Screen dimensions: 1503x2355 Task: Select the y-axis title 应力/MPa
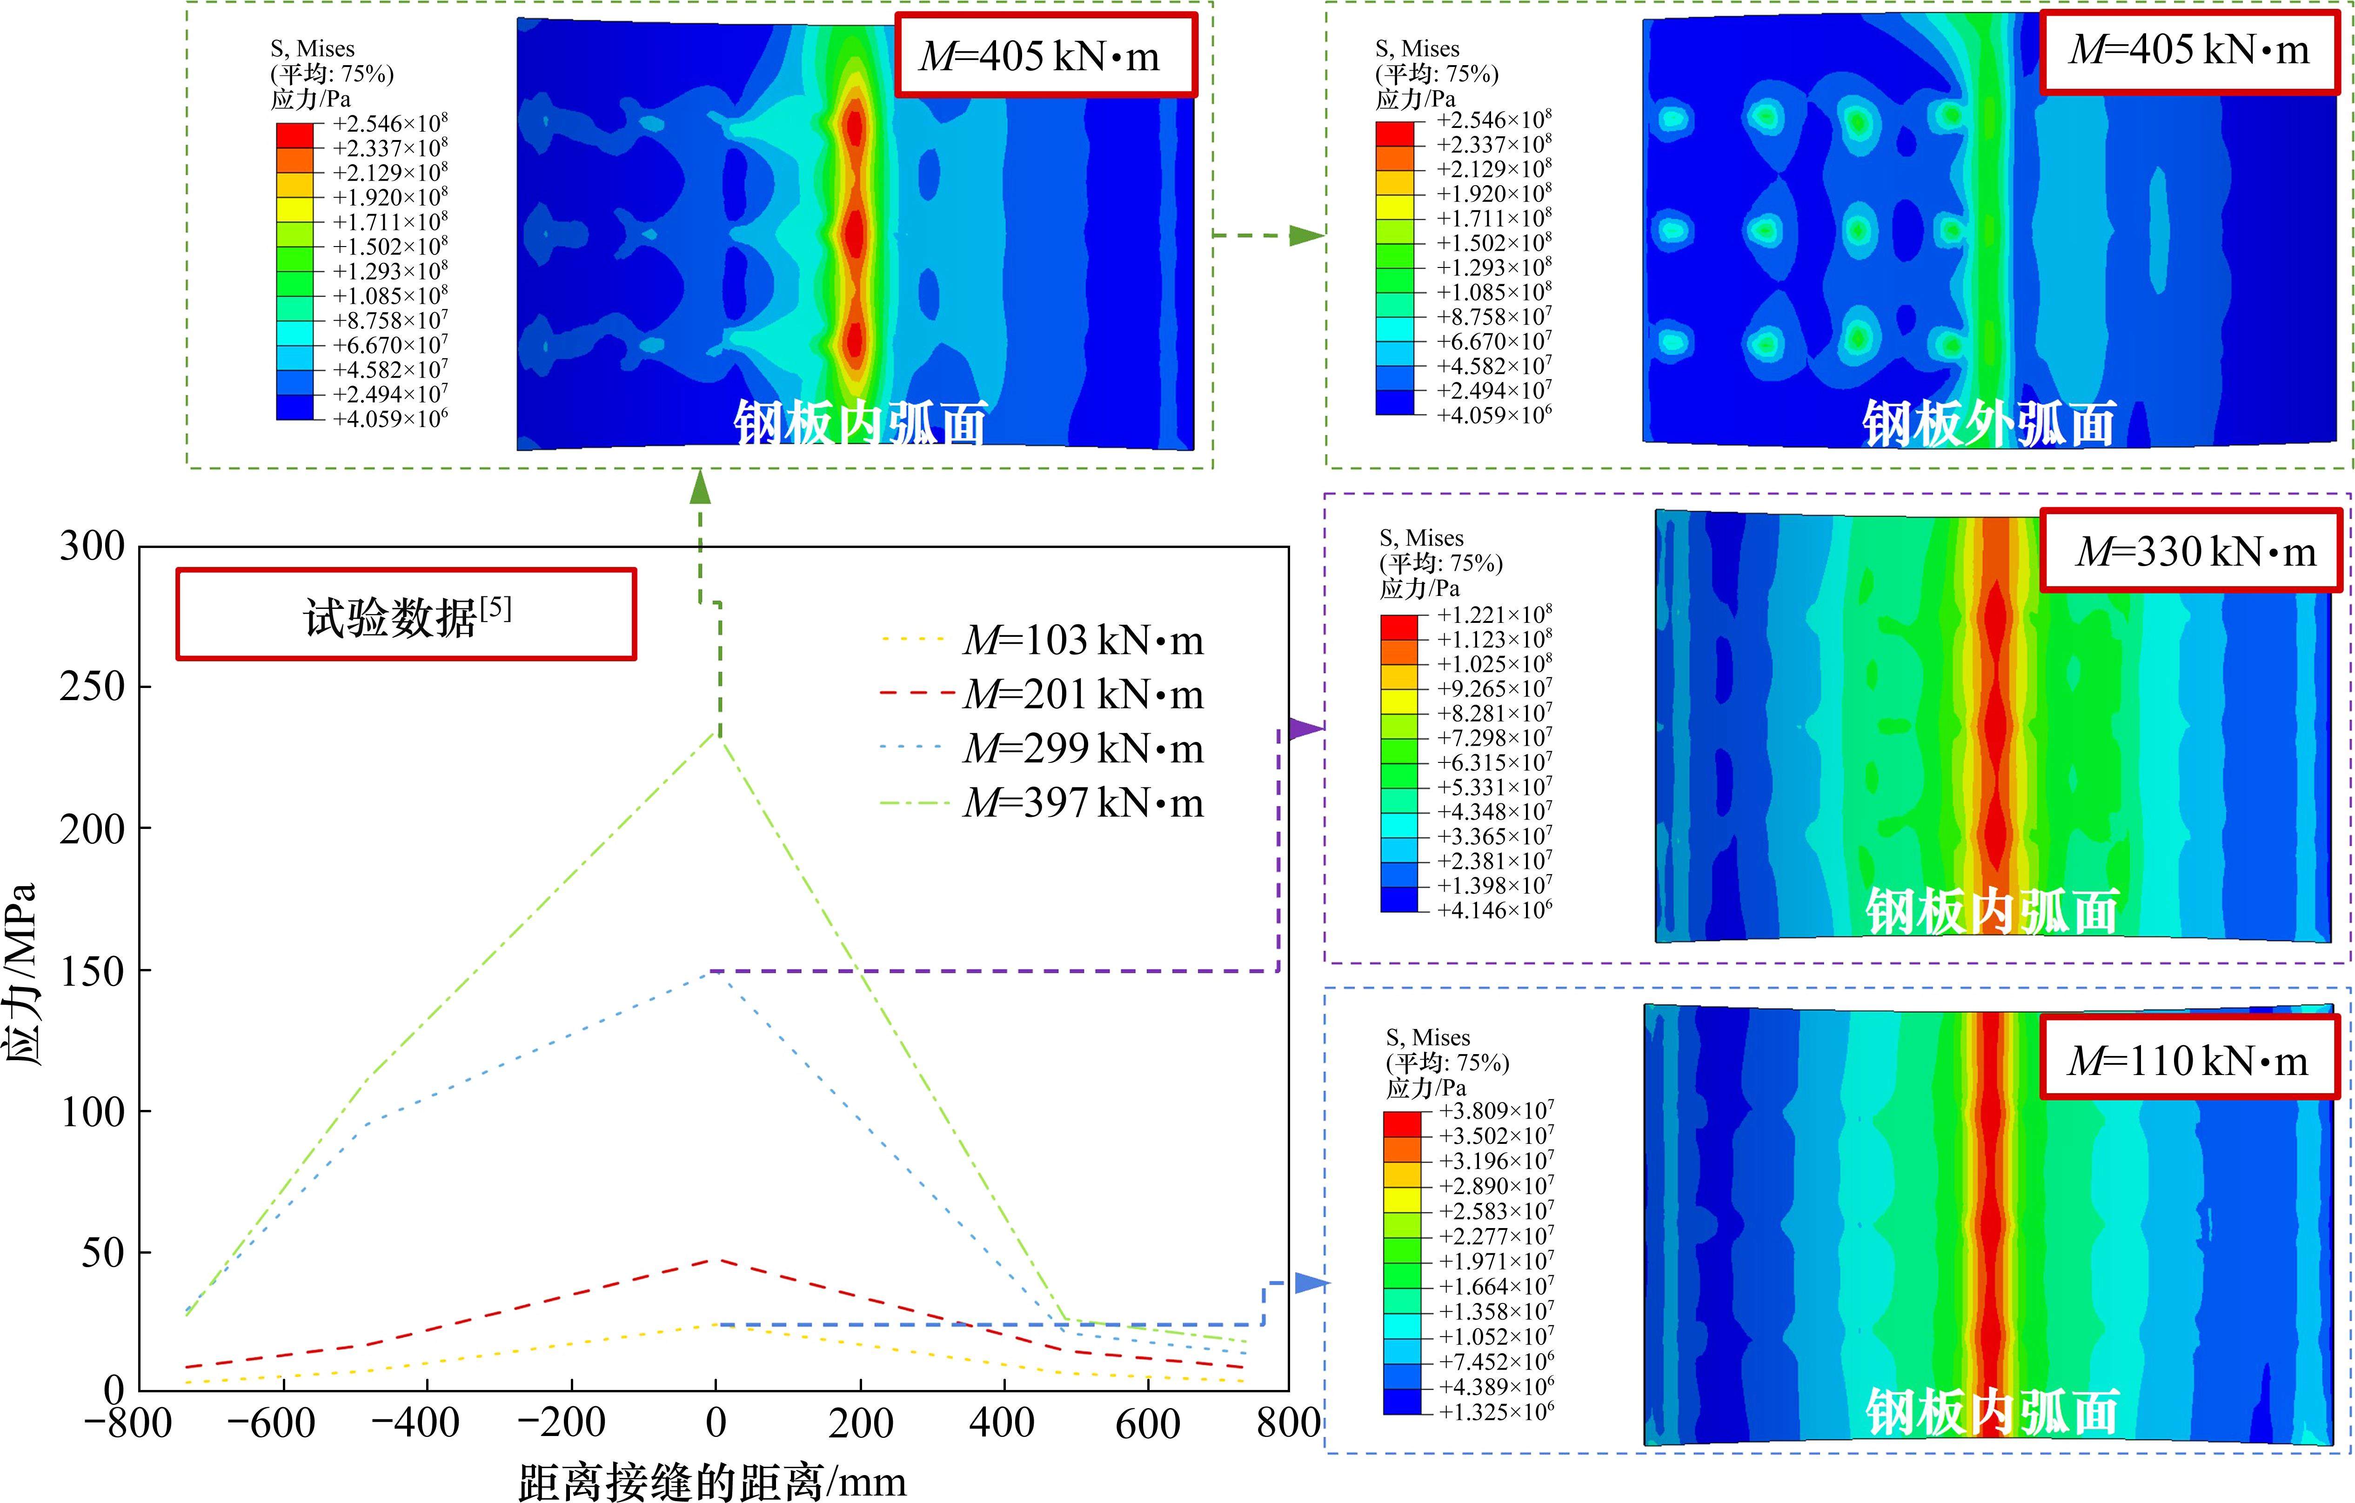[21, 973]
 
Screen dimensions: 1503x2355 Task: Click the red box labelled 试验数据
[406, 614]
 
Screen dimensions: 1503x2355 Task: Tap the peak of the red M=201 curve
[717, 1261]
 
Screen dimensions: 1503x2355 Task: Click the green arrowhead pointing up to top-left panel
[700, 485]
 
